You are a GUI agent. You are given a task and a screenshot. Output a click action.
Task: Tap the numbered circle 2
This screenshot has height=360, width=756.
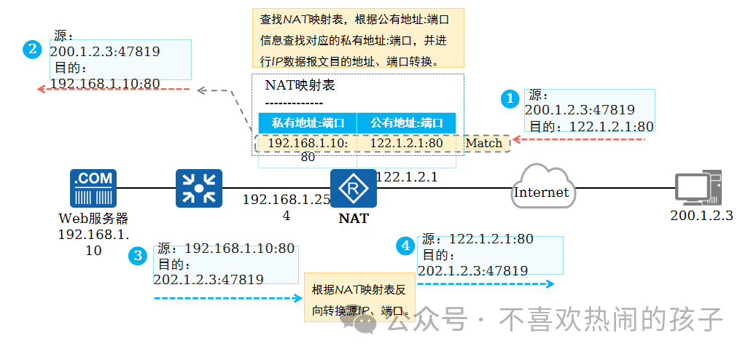(32, 50)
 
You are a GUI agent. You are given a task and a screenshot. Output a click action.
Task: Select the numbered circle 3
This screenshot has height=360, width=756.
(137, 255)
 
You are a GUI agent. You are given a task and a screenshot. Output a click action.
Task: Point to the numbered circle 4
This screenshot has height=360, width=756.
(405, 246)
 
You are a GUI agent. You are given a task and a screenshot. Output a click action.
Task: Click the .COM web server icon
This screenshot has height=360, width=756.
(93, 188)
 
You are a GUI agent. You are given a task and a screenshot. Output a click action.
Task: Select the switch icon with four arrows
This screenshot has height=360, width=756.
(198, 188)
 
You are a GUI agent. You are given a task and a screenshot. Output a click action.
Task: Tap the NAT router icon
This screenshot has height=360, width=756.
(354, 189)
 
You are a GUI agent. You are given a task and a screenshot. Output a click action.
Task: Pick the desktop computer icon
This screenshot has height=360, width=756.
(698, 187)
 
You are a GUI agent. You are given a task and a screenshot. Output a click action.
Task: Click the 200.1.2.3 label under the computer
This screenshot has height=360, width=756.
(701, 216)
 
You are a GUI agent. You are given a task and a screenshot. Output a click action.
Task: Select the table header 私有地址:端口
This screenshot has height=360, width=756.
(308, 122)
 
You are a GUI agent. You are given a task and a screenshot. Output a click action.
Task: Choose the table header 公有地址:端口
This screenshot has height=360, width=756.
(407, 122)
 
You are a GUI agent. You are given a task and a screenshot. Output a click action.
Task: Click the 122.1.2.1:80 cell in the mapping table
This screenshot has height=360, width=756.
(407, 143)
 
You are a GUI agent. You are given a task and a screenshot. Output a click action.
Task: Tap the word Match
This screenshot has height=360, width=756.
(484, 143)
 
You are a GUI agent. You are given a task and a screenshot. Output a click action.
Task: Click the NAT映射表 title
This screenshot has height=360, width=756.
(300, 85)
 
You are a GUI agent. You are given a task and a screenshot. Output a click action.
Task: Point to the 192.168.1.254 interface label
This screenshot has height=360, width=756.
(286, 206)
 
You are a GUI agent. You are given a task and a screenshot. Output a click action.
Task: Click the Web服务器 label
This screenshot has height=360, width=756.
(93, 218)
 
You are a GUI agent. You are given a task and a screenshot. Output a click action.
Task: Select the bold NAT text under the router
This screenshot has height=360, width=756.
(354, 218)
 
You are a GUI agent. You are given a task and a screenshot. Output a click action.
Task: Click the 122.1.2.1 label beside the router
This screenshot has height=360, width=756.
(406, 176)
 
